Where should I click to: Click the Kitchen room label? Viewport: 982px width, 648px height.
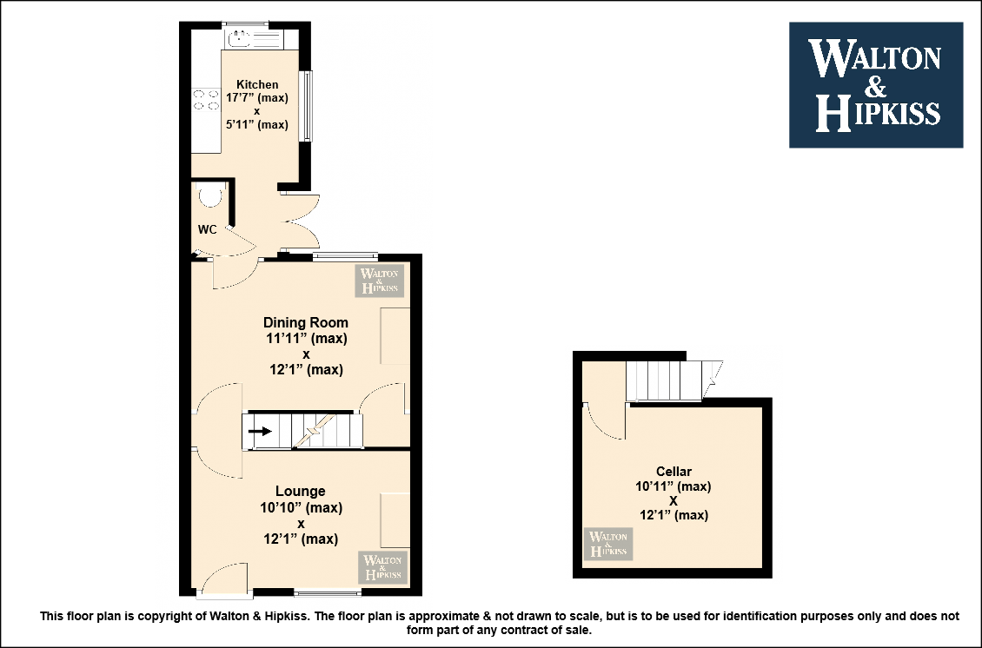coord(257,84)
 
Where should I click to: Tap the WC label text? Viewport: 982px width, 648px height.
coord(208,230)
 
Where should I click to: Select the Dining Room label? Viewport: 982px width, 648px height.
coord(306,323)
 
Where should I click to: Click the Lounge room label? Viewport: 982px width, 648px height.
coord(301,492)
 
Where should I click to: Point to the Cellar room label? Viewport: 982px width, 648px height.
coord(673,472)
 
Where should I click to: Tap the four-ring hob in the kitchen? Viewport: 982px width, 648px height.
coord(206,100)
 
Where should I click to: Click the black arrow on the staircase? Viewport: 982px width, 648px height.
coord(260,431)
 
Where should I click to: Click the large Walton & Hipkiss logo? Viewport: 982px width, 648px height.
coord(875,85)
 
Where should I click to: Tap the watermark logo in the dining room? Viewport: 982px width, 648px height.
coord(380,281)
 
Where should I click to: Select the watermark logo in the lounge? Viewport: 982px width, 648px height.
coord(383,567)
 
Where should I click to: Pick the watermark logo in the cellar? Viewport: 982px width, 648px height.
coord(608,544)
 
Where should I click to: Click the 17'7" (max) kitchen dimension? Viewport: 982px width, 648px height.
coord(256,98)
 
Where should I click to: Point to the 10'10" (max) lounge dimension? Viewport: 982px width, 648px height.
coord(301,508)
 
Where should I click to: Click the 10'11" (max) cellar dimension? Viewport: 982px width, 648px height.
coord(673,486)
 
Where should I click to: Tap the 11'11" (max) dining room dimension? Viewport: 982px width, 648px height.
coord(306,339)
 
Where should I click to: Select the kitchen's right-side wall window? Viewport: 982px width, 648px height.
coord(306,106)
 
